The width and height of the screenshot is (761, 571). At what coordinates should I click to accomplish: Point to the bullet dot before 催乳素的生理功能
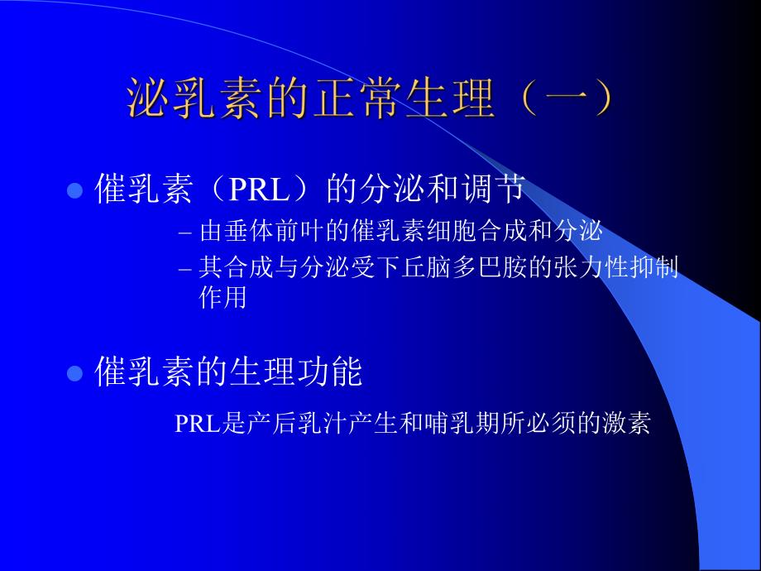tap(74, 373)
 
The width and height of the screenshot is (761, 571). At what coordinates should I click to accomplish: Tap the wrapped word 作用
tap(223, 298)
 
